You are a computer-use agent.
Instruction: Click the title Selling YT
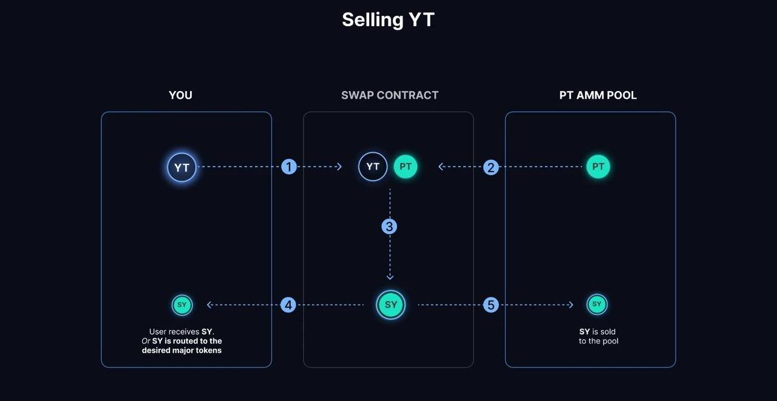[388, 19]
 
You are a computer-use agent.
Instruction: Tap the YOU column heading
[180, 95]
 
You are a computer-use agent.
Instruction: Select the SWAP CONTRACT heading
[390, 95]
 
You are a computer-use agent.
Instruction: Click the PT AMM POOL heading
[598, 95]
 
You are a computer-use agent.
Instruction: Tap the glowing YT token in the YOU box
[182, 167]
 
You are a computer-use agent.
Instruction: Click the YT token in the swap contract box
[373, 167]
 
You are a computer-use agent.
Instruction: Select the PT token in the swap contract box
[405, 167]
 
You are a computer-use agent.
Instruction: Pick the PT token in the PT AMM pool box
[598, 167]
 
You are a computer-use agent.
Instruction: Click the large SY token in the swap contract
[391, 305]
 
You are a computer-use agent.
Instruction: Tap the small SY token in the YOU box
[182, 305]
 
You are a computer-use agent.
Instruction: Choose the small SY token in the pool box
[597, 305]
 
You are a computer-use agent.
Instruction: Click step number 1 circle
[289, 167]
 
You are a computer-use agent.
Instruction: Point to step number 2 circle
[491, 167]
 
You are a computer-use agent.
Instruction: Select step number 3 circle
[389, 227]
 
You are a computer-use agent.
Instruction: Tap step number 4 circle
[288, 305]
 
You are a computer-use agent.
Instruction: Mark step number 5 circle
[491, 305]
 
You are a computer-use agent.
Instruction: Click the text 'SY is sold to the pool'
[598, 337]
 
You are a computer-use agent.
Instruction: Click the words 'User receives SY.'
[182, 332]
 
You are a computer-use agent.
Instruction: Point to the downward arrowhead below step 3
[390, 277]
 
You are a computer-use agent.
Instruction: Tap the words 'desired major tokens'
[182, 351]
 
